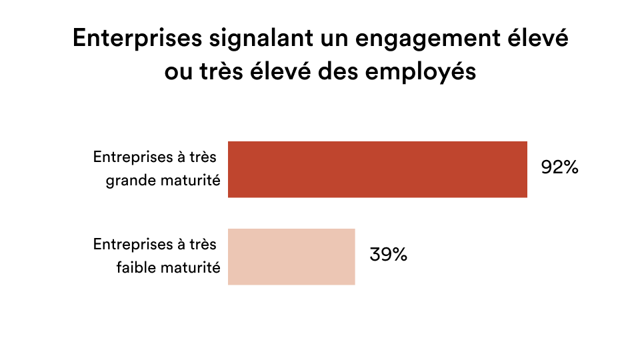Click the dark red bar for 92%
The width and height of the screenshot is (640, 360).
point(377,169)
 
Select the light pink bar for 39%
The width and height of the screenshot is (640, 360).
point(291,257)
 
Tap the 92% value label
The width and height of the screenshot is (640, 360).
point(559,168)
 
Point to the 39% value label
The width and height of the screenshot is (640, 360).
point(388,255)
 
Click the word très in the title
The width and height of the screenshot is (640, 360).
point(225,71)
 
